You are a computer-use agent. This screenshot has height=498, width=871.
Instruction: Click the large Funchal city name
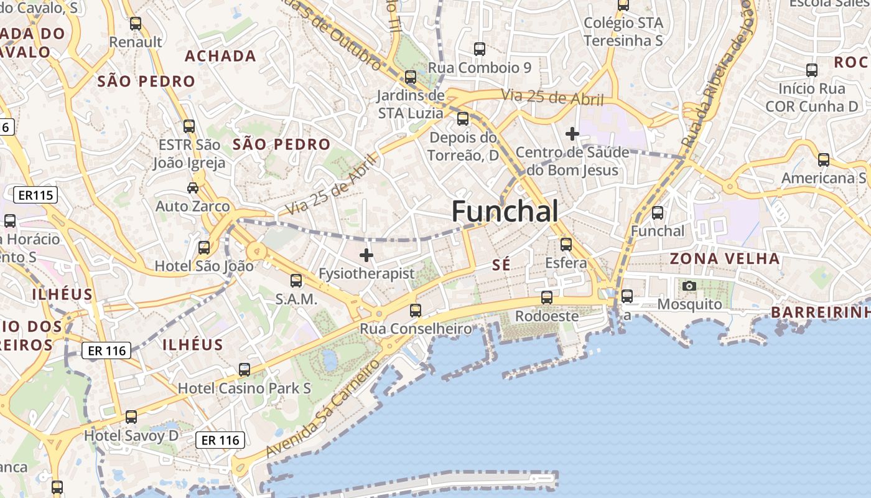(505, 212)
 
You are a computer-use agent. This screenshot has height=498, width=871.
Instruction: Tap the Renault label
(136, 42)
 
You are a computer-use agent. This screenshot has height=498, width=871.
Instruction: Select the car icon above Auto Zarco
(193, 187)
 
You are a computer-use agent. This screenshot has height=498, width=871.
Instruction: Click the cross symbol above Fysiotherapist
(366, 255)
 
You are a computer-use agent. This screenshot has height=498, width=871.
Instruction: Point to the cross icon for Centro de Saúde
(572, 133)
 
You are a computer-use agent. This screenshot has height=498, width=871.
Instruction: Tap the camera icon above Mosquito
(689, 286)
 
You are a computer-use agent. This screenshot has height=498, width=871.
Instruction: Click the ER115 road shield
(35, 195)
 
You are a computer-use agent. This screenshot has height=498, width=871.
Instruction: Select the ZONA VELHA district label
(725, 258)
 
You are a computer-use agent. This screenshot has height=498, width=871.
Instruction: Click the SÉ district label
(501, 265)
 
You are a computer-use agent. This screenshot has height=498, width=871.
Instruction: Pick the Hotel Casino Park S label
(245, 388)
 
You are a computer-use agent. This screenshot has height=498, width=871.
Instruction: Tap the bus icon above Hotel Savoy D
(131, 417)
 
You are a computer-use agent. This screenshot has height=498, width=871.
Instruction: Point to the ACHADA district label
(220, 56)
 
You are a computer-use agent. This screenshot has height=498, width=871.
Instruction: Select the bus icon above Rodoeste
(546, 298)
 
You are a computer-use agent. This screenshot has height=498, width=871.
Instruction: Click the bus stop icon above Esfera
(566, 244)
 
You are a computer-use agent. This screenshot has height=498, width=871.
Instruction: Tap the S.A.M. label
(296, 299)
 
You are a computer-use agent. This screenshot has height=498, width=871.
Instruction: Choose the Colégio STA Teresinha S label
(623, 32)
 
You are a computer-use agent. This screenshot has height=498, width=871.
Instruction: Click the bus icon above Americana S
(823, 160)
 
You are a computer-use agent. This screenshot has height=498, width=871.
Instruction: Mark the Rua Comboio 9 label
(480, 67)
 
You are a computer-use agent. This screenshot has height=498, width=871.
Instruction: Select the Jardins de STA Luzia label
(411, 104)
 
